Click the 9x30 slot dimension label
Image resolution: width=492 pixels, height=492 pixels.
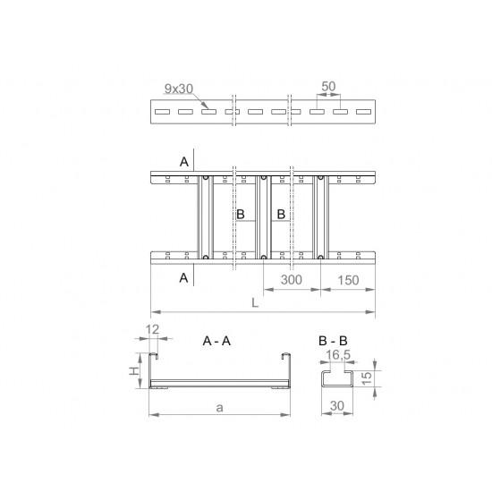click(179, 89)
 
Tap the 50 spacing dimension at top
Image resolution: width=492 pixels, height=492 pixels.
click(328, 86)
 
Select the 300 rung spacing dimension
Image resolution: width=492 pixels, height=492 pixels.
click(292, 280)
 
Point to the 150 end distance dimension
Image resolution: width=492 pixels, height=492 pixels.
click(348, 280)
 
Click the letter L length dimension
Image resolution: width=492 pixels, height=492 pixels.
click(255, 302)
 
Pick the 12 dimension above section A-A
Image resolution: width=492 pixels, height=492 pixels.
click(152, 329)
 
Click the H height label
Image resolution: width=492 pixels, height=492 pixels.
click(134, 371)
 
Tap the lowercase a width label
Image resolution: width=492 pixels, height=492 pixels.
click(220, 408)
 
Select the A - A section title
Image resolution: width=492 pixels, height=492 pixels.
click(216, 341)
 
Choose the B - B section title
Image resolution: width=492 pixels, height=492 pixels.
click(333, 341)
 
